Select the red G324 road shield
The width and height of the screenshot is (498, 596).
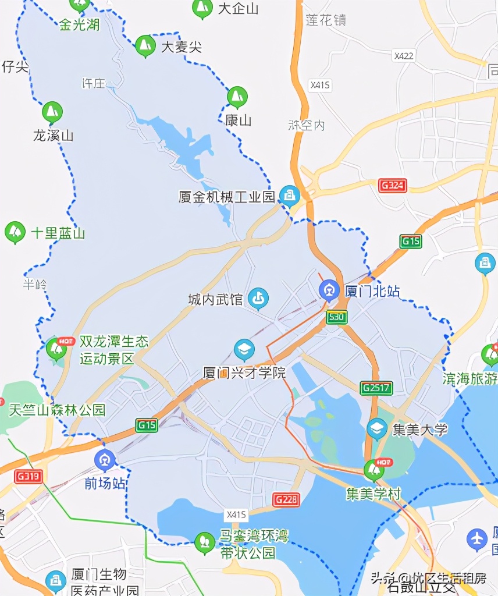393,186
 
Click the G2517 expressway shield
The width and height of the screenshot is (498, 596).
376,388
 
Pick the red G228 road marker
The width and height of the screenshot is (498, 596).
286,499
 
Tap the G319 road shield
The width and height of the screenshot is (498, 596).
29,477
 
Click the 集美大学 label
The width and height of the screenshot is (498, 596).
419,430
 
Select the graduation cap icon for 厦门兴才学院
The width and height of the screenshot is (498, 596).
244,350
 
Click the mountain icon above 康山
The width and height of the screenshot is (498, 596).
237,97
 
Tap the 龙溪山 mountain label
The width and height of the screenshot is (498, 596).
53,136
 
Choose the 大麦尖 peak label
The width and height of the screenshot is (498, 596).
182,47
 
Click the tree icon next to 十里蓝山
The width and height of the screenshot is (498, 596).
15,232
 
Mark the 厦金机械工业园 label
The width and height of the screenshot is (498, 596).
226,197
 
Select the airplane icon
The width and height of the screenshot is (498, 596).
477,539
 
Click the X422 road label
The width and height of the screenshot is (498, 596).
403,56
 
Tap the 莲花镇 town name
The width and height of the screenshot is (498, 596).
326,20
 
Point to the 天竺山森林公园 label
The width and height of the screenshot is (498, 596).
57,410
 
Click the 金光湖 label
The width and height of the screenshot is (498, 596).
79,24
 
